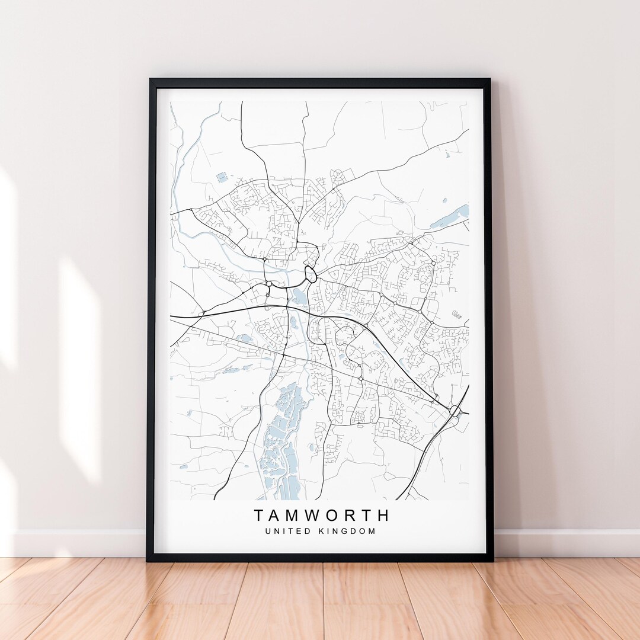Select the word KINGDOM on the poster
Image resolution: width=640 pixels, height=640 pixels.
click(349, 532)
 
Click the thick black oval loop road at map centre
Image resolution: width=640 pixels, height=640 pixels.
click(310, 274)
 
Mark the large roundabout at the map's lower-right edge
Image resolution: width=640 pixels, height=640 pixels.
click(455, 410)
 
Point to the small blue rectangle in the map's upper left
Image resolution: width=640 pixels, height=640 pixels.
click(222, 177)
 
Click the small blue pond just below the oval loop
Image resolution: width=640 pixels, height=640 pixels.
click(300, 296)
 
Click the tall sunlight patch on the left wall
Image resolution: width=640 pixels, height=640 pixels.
click(80, 367)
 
